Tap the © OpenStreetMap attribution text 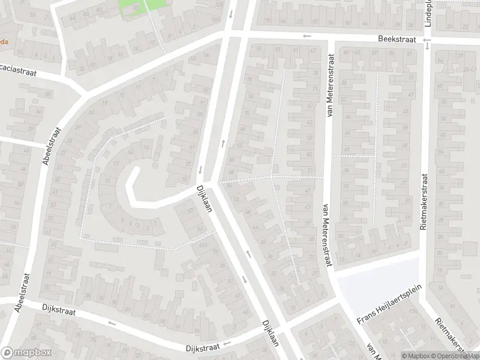click(x=455, y=355)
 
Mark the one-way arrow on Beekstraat click(x=307, y=36)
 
